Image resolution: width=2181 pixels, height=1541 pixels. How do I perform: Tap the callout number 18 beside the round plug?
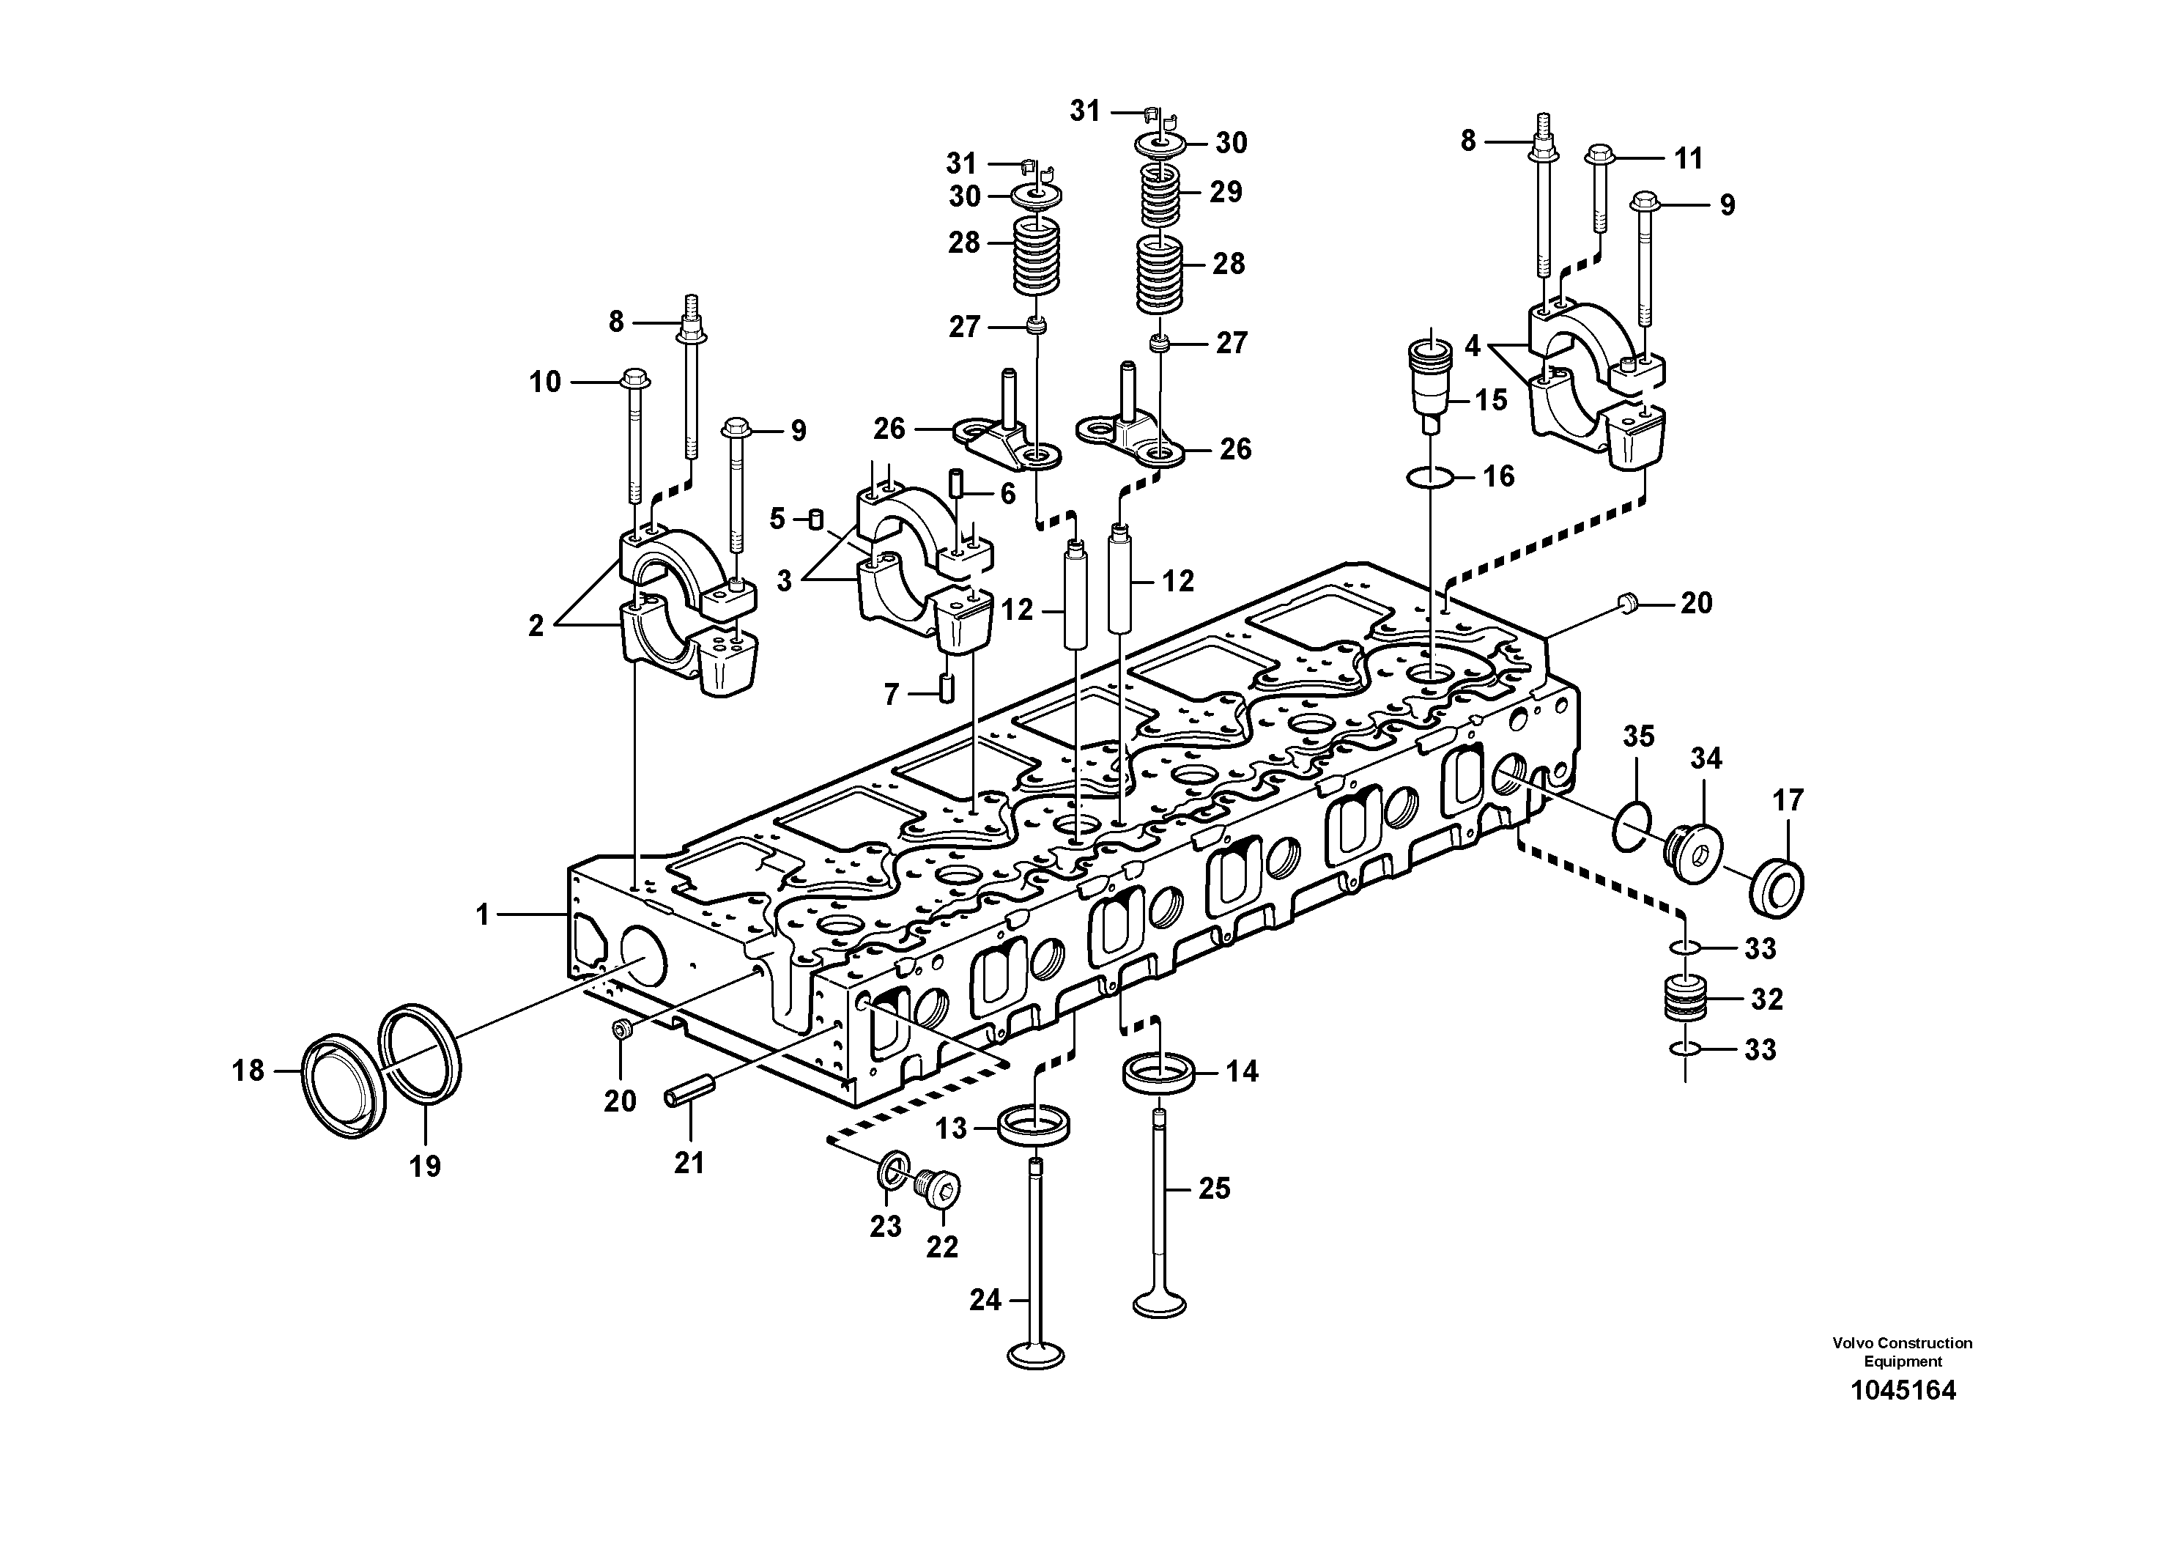click(248, 1071)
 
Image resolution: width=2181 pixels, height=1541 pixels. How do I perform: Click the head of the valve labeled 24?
click(1037, 1355)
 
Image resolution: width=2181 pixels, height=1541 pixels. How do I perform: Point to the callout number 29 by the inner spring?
click(1226, 192)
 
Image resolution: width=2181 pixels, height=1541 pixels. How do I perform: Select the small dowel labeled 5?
click(814, 519)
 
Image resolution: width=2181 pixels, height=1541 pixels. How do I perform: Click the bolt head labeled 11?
click(1599, 154)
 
